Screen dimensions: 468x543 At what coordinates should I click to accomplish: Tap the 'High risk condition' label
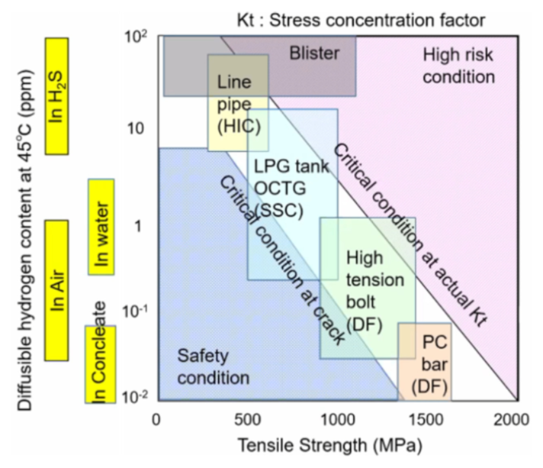pos(458,66)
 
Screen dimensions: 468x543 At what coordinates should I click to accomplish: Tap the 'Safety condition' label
pos(214,366)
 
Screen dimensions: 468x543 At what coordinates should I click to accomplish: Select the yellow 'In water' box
pos(101,226)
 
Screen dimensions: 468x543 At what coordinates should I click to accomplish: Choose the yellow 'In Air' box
pos(57,289)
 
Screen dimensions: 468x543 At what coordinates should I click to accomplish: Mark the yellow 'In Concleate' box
pos(99,363)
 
